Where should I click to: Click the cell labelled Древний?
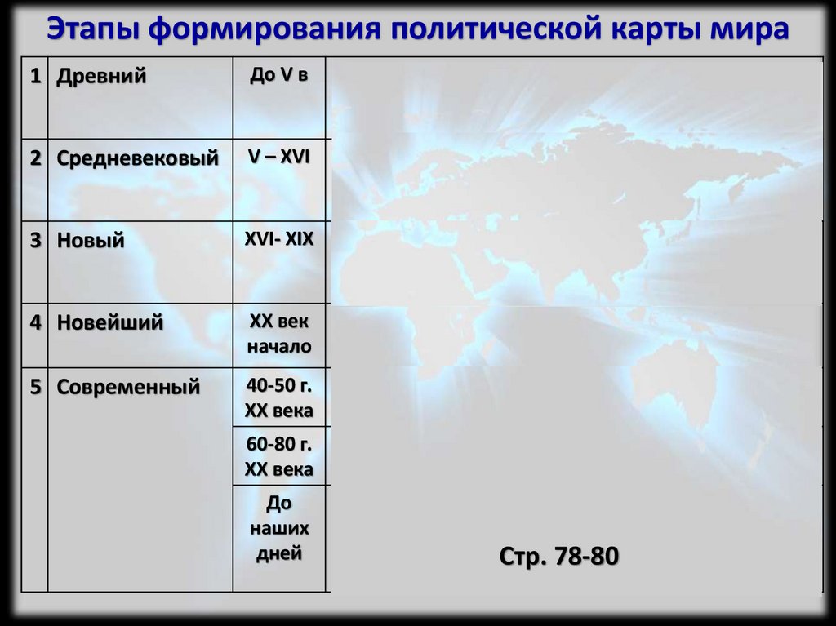102,78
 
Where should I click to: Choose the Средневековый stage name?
138,158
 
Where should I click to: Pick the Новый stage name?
91,241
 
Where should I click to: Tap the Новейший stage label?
110,323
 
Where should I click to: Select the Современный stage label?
128,387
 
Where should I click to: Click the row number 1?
35,78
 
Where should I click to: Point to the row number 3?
35,241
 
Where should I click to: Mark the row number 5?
35,387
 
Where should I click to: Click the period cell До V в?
279,76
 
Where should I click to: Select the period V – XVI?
279,157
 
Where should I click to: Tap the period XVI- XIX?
279,239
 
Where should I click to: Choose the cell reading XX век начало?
279,334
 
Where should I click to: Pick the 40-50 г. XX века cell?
279,397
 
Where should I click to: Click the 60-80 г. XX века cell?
279,456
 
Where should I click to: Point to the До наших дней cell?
279,527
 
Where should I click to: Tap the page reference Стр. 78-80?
559,557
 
